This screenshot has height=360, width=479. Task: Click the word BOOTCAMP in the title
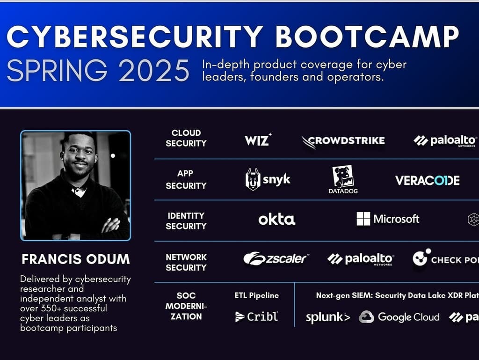coord(367,36)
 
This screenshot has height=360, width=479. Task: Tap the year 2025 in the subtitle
coord(154,71)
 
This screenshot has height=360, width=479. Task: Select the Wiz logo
coord(258,140)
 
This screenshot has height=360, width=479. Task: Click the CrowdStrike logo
coord(343,140)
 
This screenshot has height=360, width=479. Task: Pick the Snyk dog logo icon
coord(253,179)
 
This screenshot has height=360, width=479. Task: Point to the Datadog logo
coord(343,180)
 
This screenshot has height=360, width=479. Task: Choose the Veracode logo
coord(427,181)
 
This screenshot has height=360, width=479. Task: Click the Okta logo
coord(276,220)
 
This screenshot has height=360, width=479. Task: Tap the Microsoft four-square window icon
coord(363,219)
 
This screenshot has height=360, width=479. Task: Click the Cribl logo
coord(256,317)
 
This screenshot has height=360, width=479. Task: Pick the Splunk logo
coord(327,317)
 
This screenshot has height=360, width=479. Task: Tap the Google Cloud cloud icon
coord(366,317)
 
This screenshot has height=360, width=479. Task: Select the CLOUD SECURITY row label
coord(186,138)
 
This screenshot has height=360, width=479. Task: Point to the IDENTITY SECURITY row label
coord(186,220)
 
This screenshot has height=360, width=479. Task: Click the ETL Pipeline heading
coord(256,295)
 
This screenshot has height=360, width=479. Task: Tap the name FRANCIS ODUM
coord(75,259)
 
